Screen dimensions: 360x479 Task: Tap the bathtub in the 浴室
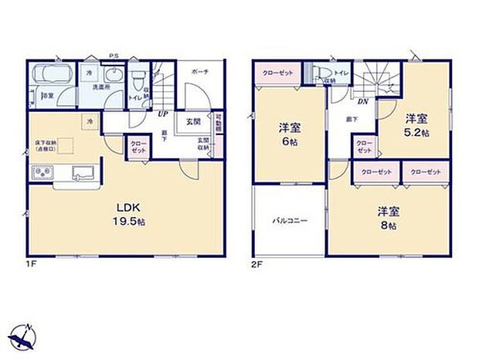[53, 78]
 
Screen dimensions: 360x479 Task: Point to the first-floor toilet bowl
[138, 80]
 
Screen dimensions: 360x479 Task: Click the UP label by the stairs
[163, 114]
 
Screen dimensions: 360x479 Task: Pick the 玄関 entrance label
[193, 121]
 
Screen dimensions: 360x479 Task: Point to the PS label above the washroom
[113, 55]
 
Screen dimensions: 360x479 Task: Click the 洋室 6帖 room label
[288, 136]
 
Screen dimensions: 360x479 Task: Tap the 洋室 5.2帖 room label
[416, 124]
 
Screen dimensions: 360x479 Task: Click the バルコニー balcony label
[289, 222]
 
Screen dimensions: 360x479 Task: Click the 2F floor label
[255, 264]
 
